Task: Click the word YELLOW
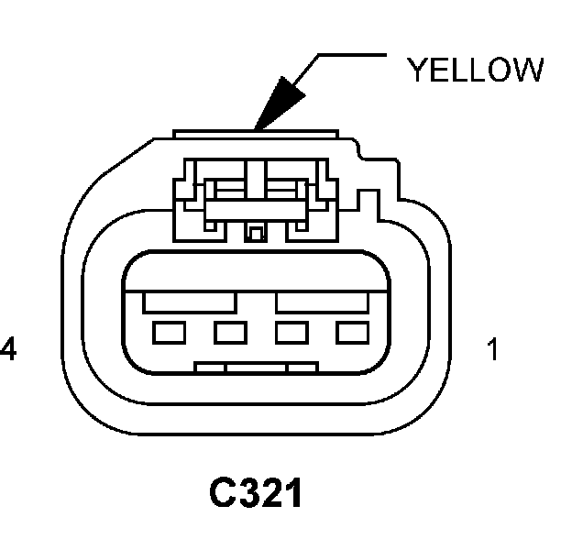[475, 71]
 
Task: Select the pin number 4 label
[8, 350]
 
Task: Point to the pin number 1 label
[494, 350]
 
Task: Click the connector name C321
[256, 494]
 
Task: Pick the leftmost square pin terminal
[167, 332]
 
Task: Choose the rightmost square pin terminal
[351, 332]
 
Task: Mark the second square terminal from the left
[228, 332]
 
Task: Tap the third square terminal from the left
[290, 332]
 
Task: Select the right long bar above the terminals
[325, 300]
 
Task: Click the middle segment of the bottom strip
[257, 368]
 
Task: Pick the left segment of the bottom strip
[211, 368]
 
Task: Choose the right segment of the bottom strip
[302, 368]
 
